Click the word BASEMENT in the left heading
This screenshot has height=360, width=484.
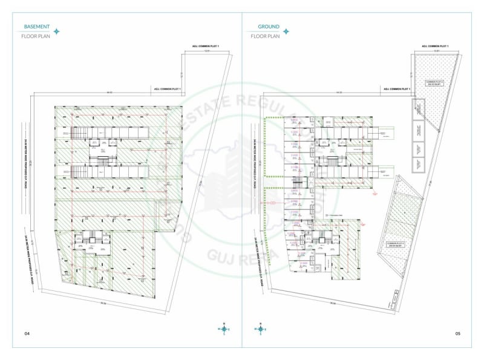tap(36, 27)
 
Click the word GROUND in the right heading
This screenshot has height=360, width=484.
tap(269, 27)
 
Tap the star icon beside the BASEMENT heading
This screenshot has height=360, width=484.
tap(56, 31)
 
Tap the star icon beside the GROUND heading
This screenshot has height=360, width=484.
tap(286, 31)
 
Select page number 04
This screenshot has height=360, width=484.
tap(27, 333)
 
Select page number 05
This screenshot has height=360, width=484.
tap(457, 333)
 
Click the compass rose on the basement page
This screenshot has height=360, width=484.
tap(224, 329)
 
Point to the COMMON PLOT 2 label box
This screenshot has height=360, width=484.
tap(434, 83)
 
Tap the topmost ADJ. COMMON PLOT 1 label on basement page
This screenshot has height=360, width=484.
tap(205, 46)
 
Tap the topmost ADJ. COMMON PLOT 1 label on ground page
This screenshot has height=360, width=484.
tap(434, 46)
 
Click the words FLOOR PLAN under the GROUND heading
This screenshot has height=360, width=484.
tap(265, 36)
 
